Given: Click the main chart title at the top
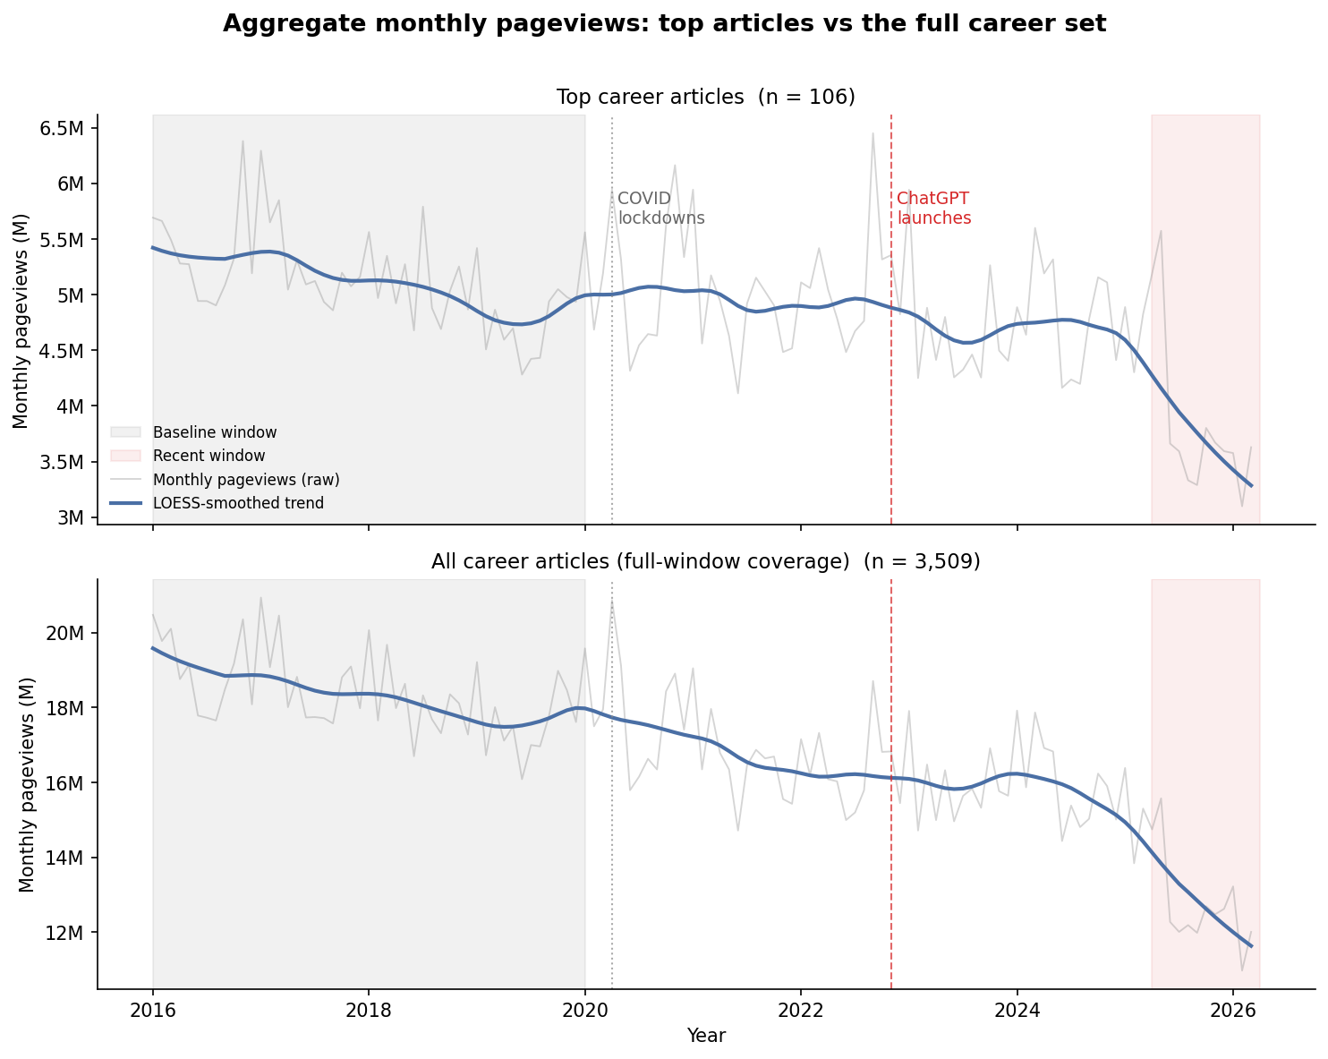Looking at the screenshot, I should pos(664,24).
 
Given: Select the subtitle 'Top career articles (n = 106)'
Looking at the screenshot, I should pos(705,97).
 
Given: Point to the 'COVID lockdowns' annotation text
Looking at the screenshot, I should pos(660,208).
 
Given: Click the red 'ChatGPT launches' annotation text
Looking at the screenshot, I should pos(933,208).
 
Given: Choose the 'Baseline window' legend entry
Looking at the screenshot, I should pos(215,432).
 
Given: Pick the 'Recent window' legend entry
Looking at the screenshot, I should pos(209,456).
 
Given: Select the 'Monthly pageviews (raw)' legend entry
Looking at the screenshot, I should pos(246,480).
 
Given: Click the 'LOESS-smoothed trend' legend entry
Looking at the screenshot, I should pos(238,503).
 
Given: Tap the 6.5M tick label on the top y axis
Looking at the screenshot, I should pos(63,128).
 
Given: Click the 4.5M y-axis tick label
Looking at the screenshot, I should pos(63,351).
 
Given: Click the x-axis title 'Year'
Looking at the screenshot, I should pos(705,1036).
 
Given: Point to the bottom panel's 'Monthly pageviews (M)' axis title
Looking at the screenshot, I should pos(27,784).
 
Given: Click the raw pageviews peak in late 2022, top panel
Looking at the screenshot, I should pos(873,133).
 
